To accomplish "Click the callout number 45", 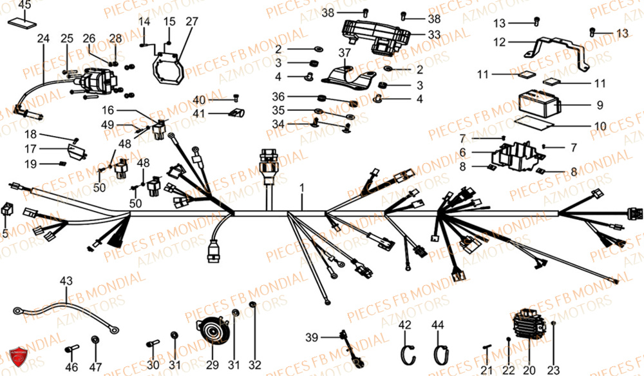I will [x=23, y=6].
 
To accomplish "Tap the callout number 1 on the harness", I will [x=300, y=188].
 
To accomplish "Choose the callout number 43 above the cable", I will [x=66, y=281].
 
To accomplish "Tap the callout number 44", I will [x=438, y=324].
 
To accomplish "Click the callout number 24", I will [x=43, y=39].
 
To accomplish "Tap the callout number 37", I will [x=345, y=52].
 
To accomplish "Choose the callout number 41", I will [x=200, y=114].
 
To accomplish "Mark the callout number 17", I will [x=30, y=149].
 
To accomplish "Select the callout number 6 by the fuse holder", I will [x=462, y=152].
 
